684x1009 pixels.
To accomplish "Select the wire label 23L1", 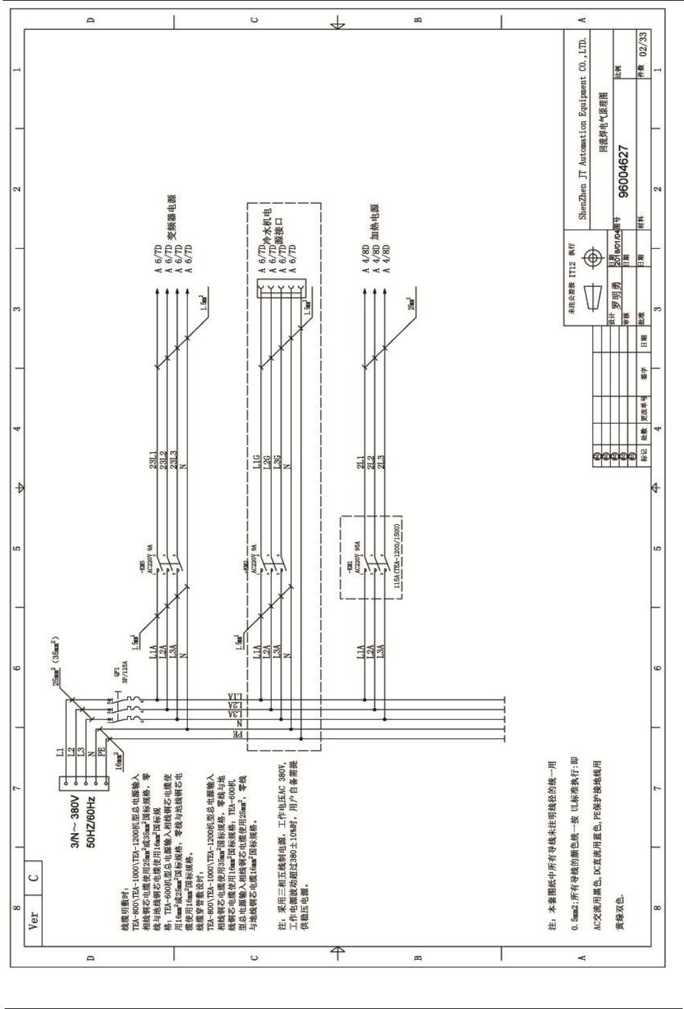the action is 153,465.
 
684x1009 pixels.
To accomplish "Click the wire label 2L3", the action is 381,466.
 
